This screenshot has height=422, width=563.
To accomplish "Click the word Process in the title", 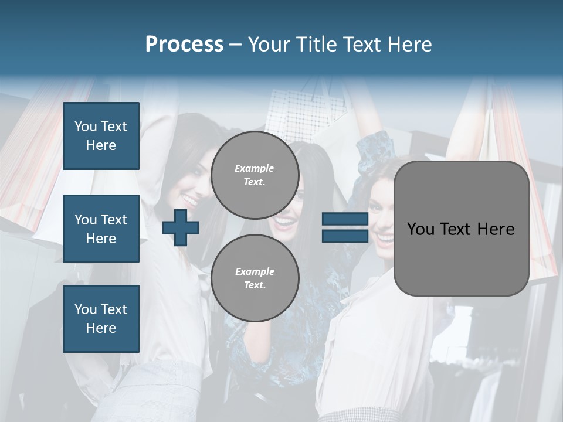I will click(184, 44).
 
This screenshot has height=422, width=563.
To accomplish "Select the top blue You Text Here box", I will click(101, 136).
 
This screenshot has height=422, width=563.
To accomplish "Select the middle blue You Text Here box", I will click(101, 229).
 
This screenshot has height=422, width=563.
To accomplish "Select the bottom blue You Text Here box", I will click(101, 318).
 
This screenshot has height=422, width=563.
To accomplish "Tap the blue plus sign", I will click(181, 227).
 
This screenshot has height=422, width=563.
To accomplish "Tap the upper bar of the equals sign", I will click(345, 220).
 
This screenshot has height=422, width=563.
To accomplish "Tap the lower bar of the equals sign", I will click(345, 236).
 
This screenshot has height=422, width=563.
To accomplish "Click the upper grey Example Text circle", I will click(255, 175).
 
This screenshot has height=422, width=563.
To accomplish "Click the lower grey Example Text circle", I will click(255, 278).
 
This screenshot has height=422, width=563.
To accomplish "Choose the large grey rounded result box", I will click(461, 258).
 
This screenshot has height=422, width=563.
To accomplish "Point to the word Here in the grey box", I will click(496, 229).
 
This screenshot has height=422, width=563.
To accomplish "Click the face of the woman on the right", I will click(384, 223).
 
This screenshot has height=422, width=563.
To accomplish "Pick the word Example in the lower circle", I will click(255, 271).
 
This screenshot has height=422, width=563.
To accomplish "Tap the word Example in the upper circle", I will click(255, 168).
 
